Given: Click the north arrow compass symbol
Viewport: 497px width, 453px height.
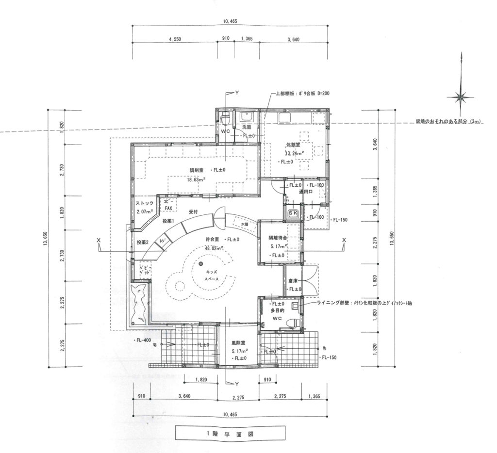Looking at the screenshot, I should coord(460,97).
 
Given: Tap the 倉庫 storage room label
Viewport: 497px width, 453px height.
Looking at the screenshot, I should coord(293,281).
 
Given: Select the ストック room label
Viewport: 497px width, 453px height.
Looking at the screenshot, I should coord(144,204).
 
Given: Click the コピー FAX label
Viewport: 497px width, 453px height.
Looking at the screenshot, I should coord(168,205).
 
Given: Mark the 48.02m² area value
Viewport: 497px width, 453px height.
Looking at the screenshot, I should coord(214,248).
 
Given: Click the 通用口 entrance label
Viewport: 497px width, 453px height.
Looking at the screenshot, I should coord(305,192).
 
